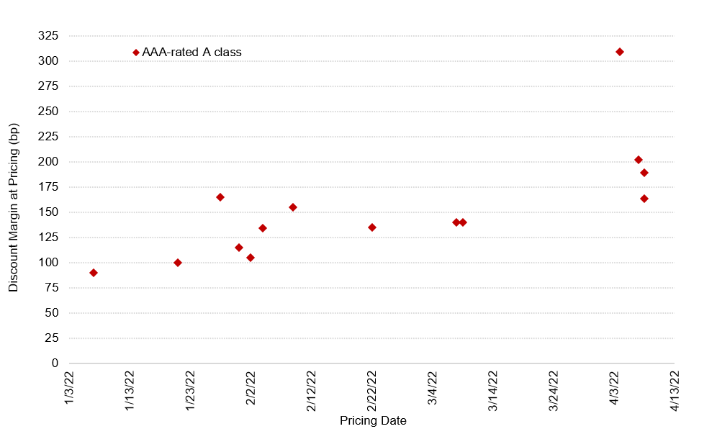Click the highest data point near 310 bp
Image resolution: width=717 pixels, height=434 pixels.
620,52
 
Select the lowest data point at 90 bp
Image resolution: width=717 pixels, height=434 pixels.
94,273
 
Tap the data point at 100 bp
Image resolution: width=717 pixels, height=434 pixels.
178,263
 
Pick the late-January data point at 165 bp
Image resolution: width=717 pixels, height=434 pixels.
220,197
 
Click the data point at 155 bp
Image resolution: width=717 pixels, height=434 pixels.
293,207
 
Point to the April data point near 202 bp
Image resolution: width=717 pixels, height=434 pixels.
639,160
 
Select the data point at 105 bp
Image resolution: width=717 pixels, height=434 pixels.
251,258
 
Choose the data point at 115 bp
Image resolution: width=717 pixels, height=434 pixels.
239,248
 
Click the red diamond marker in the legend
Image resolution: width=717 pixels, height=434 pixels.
136,53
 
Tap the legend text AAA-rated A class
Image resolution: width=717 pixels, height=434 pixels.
191,53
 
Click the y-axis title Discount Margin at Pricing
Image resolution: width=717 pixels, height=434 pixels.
14,207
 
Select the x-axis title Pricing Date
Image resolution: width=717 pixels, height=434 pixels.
373,421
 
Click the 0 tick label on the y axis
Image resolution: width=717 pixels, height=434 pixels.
55,363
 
